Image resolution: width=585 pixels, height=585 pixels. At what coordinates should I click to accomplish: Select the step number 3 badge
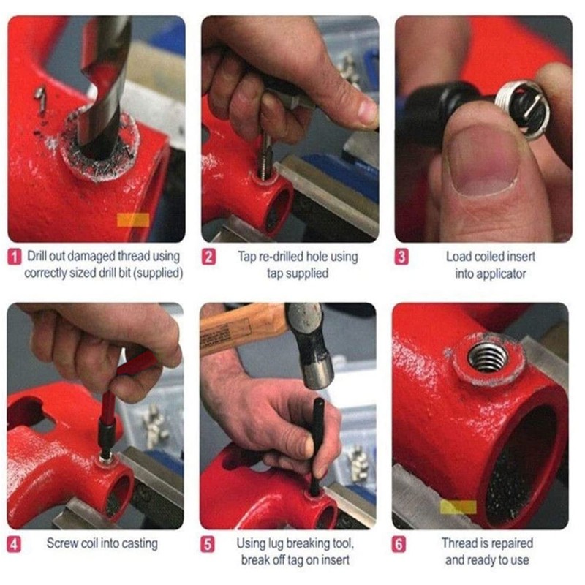[401, 257]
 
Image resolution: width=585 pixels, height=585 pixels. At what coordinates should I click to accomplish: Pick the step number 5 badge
[209, 544]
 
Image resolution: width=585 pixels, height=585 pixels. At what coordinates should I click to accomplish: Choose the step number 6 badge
[401, 544]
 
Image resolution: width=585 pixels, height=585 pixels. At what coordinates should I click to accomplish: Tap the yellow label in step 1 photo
[132, 219]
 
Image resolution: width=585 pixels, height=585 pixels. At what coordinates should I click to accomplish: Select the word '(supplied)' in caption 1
[156, 273]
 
